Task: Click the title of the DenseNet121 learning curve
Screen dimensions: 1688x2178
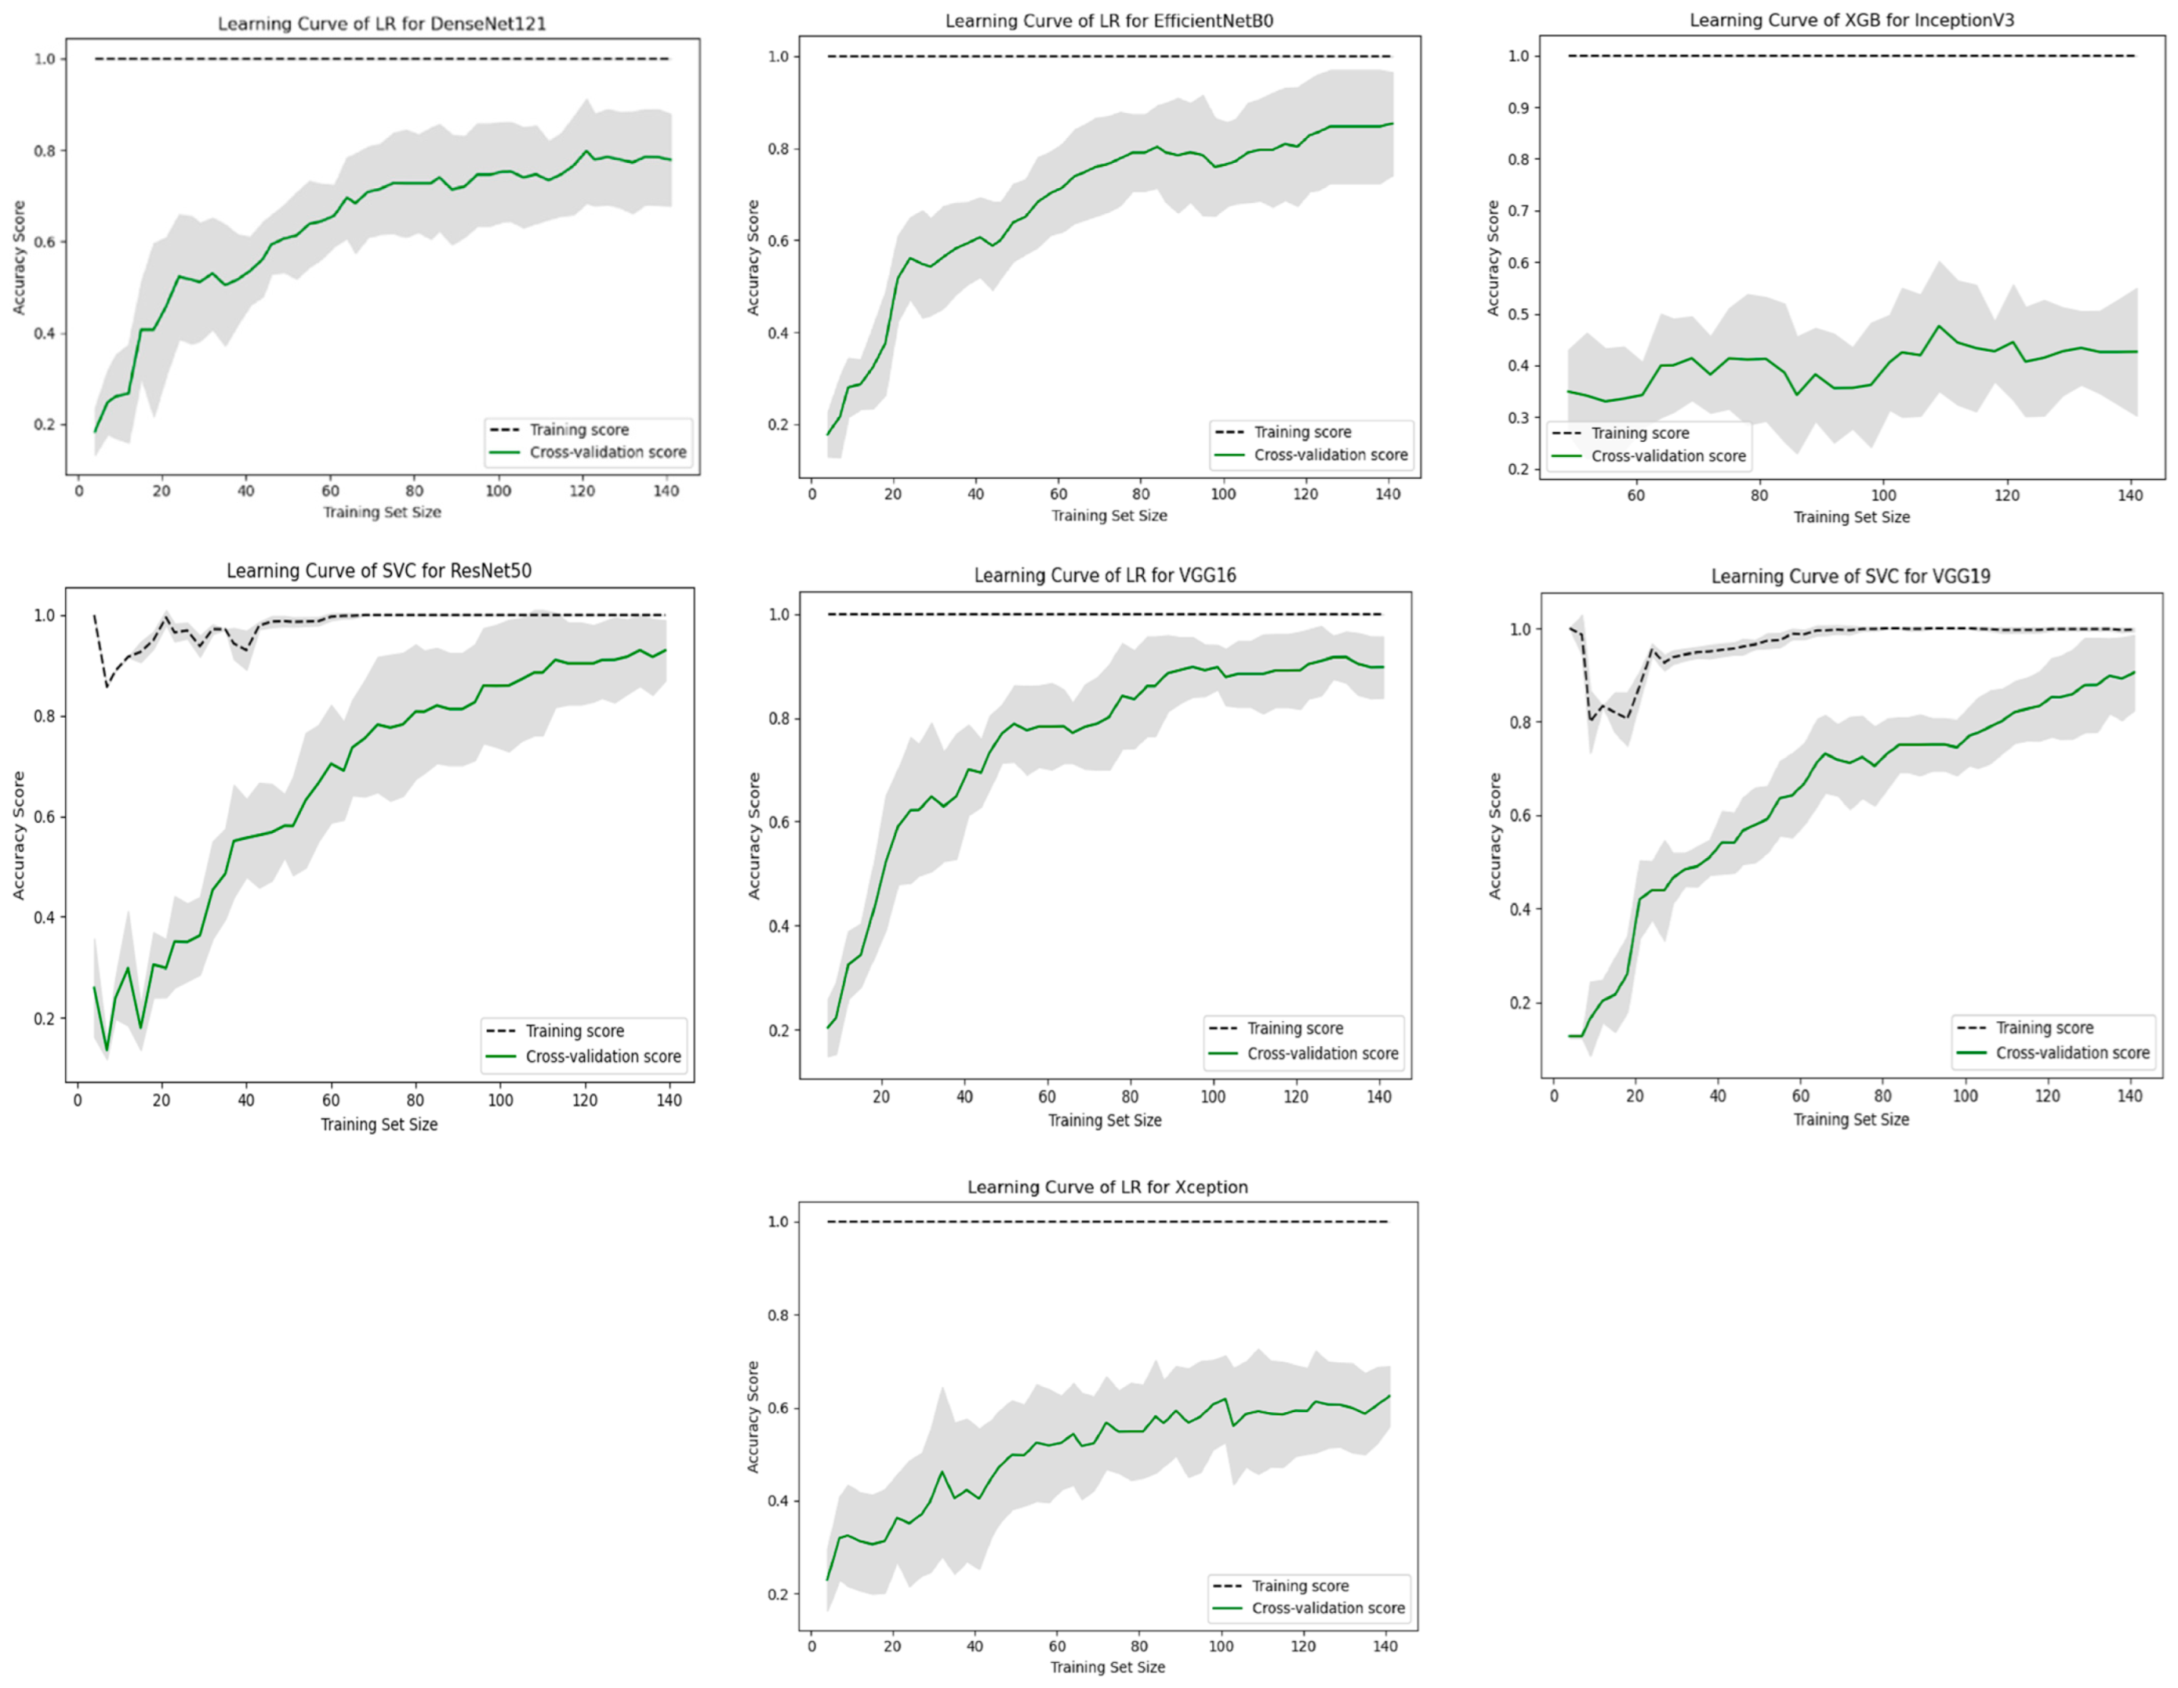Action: pos(382,23)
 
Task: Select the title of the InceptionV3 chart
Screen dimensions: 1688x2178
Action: pos(1851,20)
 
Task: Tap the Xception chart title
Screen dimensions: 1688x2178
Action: pos(1107,1186)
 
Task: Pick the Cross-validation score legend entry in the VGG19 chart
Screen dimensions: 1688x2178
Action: pos(2071,1053)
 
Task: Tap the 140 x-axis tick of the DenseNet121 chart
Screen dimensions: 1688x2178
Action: pos(665,491)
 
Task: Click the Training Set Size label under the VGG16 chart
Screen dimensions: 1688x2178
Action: pos(1104,1120)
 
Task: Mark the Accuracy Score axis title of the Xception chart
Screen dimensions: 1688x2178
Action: pos(753,1416)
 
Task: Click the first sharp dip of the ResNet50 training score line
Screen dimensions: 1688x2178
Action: pos(107,686)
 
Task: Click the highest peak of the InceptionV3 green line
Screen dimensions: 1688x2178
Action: pos(1940,326)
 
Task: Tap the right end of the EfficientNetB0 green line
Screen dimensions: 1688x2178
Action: pos(1392,124)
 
